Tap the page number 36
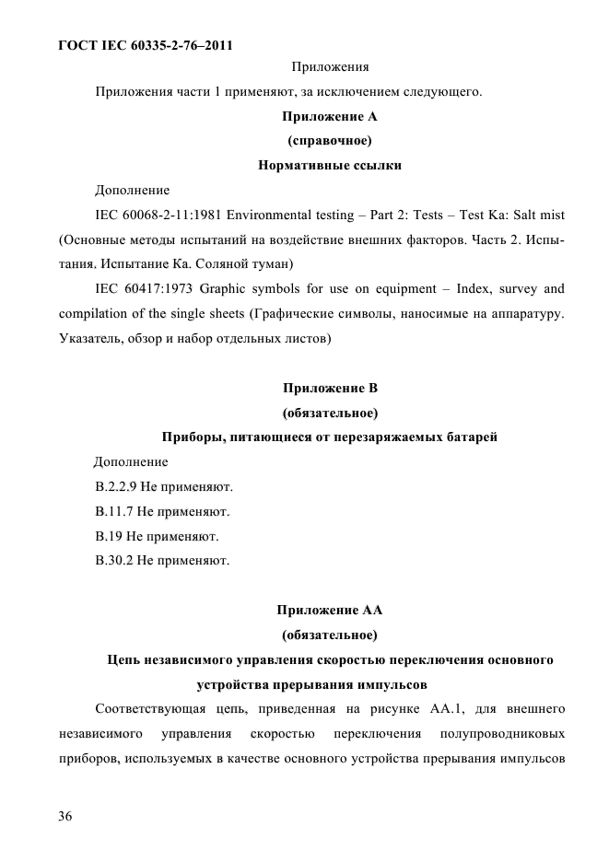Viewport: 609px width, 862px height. pyautogui.click(x=67, y=816)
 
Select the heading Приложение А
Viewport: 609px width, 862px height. pyautogui.click(x=329, y=116)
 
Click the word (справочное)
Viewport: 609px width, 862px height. pyautogui.click(x=329, y=141)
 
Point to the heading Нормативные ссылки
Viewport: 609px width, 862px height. pyautogui.click(x=329, y=166)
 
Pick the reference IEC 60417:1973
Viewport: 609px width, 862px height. pyautogui.click(x=141, y=289)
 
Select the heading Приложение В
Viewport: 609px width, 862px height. pyautogui.click(x=329, y=388)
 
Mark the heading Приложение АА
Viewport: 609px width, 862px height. pyautogui.click(x=329, y=610)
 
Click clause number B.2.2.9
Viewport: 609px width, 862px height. pyautogui.click(x=114, y=486)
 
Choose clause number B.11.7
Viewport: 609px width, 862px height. pyautogui.click(x=112, y=511)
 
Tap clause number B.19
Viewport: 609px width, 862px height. pyautogui.click(x=107, y=536)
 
